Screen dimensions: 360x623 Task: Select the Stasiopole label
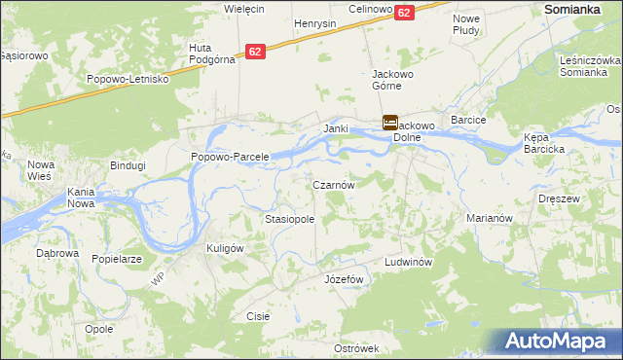[x=289, y=220]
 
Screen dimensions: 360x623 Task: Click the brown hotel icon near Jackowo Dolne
[x=389, y=123]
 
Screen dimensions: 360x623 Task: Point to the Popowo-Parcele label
[x=230, y=157]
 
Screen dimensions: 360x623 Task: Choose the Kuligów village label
[x=224, y=248]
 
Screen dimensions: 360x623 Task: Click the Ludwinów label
[x=408, y=263]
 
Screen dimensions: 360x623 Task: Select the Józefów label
[x=343, y=279]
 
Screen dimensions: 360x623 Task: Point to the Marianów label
[x=489, y=219]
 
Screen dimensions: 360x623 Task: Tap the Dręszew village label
[x=559, y=198]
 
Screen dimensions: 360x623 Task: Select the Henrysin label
[x=314, y=22]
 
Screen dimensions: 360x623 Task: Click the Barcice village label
[x=468, y=120]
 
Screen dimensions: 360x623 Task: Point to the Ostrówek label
[x=355, y=348]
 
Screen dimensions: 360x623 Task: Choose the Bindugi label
[x=127, y=165]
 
